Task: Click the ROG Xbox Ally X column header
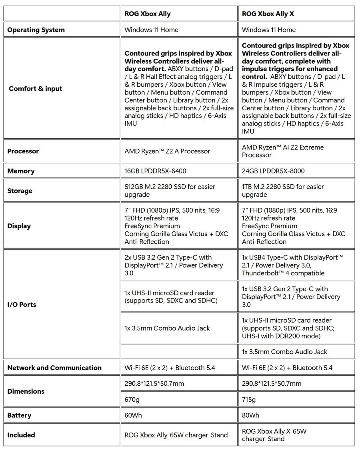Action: [268, 14]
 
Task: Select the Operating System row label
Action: [36, 30]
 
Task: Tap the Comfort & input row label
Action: [35, 88]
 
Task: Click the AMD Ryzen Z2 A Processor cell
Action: [167, 151]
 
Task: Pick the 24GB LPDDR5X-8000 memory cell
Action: [273, 171]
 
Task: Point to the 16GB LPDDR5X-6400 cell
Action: [155, 171]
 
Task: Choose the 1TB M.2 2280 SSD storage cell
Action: [283, 191]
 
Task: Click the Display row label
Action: [19, 226]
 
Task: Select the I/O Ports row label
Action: [22, 305]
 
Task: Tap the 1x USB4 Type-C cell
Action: [292, 265]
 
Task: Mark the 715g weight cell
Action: [249, 399]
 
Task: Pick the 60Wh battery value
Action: [133, 415]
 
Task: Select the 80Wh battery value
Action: [251, 415]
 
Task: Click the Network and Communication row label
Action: [54, 368]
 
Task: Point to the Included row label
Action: [21, 435]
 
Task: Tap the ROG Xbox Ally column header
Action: [148, 14]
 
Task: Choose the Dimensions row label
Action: [26, 391]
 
